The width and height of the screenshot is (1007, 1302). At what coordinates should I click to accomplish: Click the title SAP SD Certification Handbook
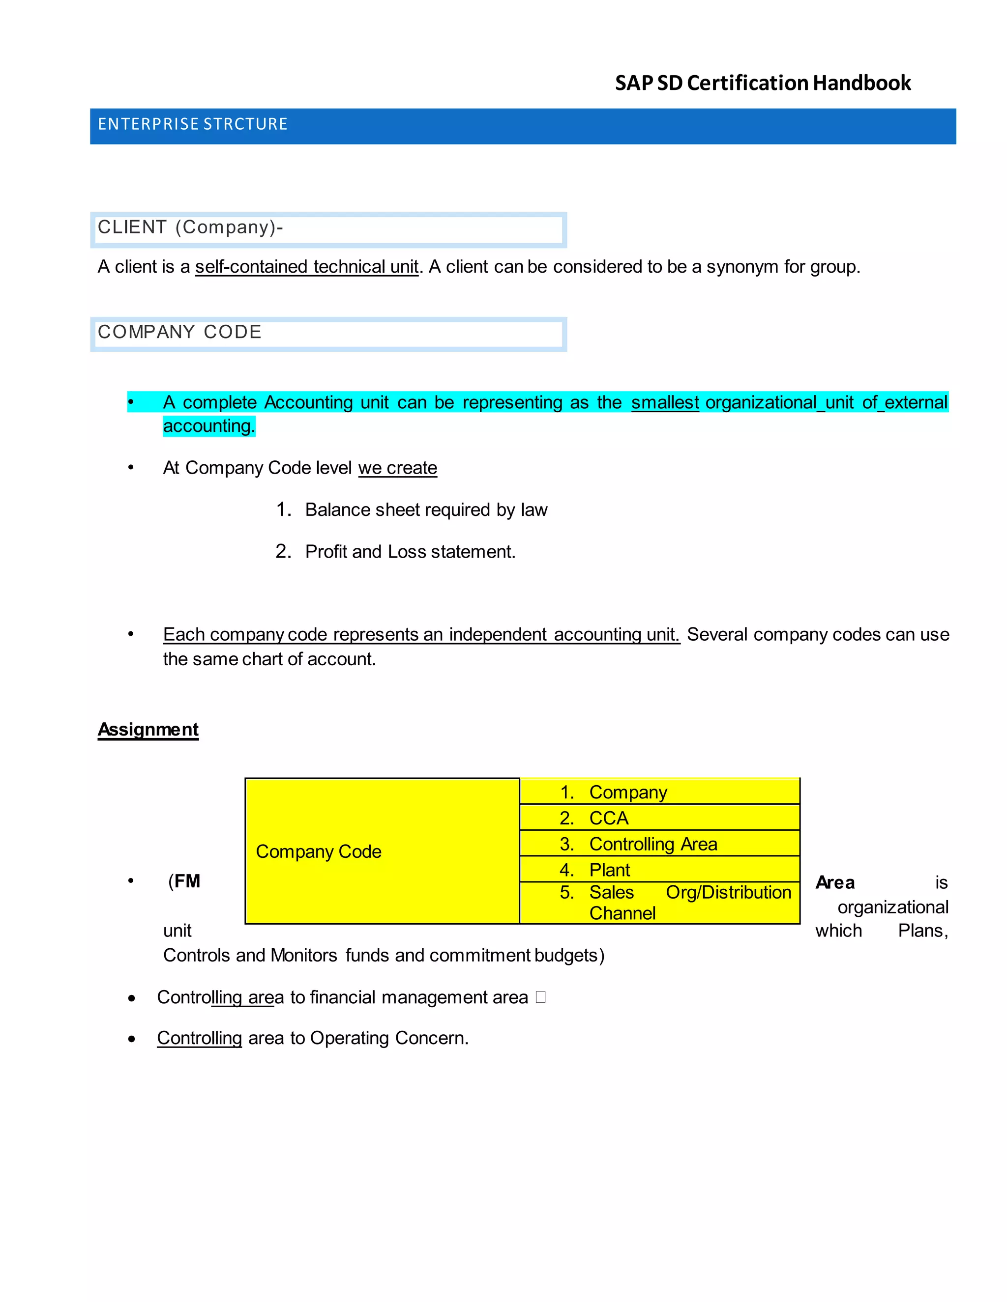[763, 83]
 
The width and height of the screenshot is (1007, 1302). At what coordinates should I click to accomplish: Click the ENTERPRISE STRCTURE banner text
[193, 124]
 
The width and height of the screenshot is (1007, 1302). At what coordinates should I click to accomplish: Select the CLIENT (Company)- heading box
[328, 229]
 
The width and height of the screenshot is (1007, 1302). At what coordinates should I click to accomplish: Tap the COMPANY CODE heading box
[328, 334]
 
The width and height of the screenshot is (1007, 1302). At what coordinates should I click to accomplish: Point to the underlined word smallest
[665, 402]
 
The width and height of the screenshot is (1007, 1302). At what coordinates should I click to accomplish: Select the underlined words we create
[397, 468]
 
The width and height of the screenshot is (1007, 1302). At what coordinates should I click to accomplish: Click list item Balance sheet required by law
[425, 509]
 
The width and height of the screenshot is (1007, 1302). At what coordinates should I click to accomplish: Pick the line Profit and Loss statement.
[410, 551]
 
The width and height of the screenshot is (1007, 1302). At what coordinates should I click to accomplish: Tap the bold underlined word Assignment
[148, 729]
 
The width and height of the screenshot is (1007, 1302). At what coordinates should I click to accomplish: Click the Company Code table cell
[382, 851]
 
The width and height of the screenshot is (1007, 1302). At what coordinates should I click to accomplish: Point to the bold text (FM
[185, 881]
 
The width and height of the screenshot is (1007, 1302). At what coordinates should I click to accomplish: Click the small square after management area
[540, 997]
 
